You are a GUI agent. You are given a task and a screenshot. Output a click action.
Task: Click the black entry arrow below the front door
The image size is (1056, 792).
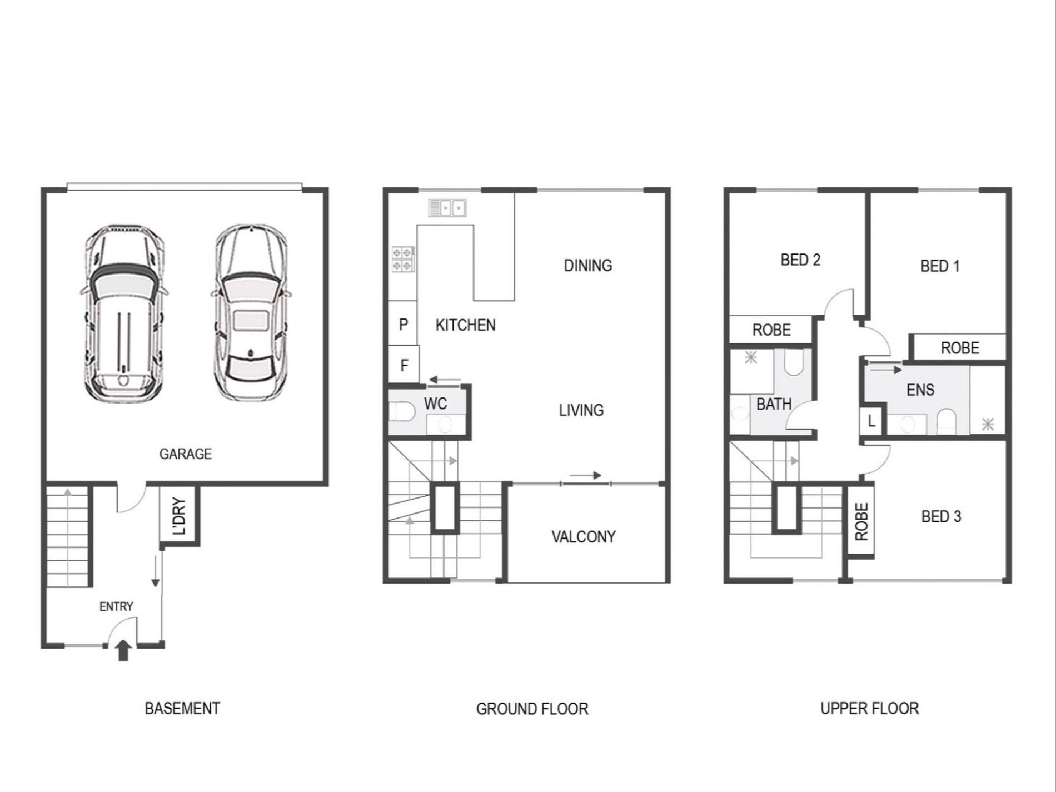(x=123, y=650)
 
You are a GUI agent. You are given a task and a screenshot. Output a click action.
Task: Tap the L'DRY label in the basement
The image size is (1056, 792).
(x=180, y=516)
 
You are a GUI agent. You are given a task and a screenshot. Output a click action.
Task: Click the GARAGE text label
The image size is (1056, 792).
(x=185, y=454)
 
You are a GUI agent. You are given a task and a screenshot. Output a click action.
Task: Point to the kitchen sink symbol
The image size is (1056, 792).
(x=447, y=208)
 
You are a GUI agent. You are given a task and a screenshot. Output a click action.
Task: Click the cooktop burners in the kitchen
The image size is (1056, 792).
(x=403, y=259)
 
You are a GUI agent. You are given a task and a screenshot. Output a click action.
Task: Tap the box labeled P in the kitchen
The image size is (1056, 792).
(x=403, y=324)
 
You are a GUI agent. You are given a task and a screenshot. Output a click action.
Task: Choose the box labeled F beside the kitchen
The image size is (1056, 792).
(x=404, y=365)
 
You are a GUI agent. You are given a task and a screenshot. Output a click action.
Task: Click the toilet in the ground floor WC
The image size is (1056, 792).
(x=402, y=412)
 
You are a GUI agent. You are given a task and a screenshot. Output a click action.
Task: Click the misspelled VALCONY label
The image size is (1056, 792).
(x=583, y=537)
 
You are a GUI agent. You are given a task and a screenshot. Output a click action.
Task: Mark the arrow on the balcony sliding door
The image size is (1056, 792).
(x=585, y=475)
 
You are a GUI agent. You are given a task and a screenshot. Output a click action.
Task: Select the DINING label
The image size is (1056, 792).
(x=587, y=266)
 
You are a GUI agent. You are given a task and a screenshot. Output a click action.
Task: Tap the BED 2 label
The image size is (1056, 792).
(x=800, y=260)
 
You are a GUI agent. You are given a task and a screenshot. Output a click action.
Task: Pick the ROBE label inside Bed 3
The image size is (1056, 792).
(x=861, y=522)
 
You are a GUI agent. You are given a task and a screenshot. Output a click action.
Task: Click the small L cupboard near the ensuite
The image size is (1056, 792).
(x=871, y=421)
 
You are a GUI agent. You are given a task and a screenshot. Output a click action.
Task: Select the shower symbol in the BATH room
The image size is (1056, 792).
(x=750, y=357)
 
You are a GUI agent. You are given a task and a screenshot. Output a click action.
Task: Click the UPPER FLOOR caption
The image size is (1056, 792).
(x=869, y=709)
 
